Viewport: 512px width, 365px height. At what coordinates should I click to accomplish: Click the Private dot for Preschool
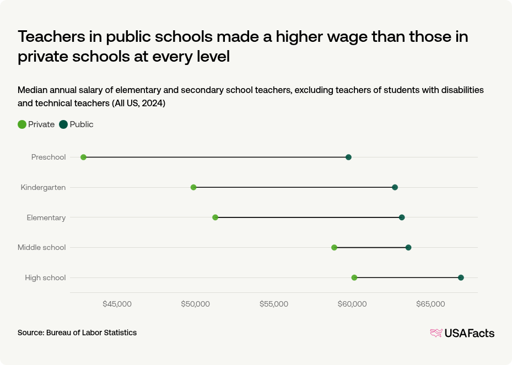tap(84, 157)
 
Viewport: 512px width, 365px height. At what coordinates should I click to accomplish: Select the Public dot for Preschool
tap(348, 157)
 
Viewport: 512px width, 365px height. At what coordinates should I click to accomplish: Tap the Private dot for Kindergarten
tap(193, 187)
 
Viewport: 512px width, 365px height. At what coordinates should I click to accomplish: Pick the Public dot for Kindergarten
tap(395, 187)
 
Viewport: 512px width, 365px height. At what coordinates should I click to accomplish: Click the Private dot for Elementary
tap(215, 217)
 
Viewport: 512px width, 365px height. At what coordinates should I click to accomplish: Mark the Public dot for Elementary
tap(402, 217)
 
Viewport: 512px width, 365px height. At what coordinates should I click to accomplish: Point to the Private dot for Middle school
tap(334, 247)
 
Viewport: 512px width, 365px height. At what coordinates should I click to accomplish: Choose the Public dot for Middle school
tap(408, 247)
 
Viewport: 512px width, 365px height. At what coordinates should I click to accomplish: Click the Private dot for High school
tap(354, 277)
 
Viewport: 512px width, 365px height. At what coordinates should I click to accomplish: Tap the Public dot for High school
tap(461, 277)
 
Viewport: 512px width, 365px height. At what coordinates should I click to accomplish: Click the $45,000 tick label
tap(117, 304)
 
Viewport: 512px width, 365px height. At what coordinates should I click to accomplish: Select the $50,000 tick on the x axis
tap(196, 304)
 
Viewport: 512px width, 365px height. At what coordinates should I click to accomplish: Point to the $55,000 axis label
tap(274, 304)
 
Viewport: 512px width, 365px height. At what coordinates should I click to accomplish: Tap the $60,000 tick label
tap(352, 304)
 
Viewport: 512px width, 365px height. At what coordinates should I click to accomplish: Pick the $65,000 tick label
tap(430, 304)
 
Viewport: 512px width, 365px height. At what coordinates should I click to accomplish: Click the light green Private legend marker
tap(22, 124)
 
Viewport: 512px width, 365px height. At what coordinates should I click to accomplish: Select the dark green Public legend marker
tap(63, 124)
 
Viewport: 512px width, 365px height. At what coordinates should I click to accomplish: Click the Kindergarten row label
tap(43, 187)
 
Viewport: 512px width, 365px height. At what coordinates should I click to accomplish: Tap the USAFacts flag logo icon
tap(436, 333)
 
